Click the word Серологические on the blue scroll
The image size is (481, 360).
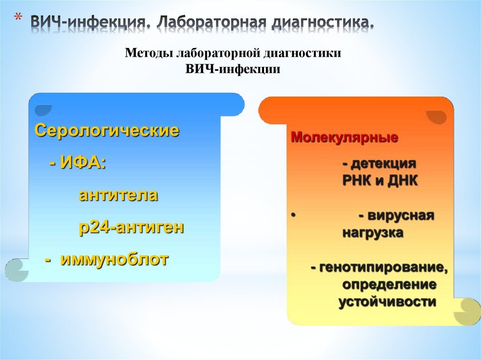tap(107, 130)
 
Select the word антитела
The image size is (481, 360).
tap(118, 195)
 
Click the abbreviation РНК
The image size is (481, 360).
tap(357, 181)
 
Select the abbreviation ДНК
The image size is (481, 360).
tap(402, 181)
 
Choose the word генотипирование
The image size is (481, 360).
tap(382, 268)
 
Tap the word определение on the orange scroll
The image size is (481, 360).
tap(389, 284)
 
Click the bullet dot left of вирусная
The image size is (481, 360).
tap(292, 215)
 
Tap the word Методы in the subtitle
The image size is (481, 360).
tap(148, 53)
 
